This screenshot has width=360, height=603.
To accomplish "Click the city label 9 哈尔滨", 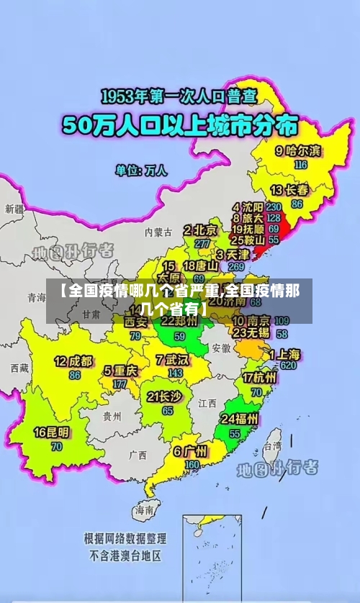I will (299, 151).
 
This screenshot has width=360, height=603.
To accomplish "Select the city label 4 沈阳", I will (247, 206).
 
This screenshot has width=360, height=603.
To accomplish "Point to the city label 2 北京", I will (200, 230).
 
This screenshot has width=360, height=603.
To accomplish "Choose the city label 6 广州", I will (190, 452).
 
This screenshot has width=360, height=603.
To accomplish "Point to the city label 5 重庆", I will (120, 371).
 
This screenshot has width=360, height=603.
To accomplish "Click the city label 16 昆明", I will (53, 432).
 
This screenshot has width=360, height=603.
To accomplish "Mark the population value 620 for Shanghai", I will (288, 366).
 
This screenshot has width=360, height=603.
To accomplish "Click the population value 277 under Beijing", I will (202, 243).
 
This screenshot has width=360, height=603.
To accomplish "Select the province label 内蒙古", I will (158, 232).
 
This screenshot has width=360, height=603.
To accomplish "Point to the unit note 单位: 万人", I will (141, 171).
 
